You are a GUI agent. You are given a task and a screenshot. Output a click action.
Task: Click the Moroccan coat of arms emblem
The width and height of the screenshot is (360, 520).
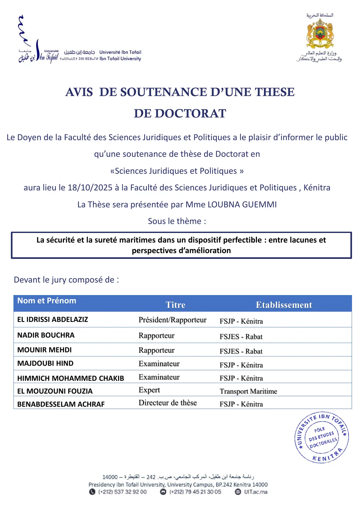(320, 34)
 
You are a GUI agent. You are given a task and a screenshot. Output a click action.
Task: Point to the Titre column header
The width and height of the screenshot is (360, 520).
(175, 305)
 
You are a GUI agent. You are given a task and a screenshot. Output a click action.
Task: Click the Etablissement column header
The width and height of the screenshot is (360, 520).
(284, 305)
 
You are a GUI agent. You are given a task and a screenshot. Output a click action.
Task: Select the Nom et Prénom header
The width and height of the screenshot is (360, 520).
(47, 301)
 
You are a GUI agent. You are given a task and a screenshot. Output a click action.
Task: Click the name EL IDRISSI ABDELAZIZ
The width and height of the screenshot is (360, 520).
(52, 319)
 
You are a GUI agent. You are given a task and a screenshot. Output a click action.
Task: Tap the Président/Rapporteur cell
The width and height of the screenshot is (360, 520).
(172, 320)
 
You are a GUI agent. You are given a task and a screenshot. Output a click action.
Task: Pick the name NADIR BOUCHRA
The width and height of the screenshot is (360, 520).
(46, 335)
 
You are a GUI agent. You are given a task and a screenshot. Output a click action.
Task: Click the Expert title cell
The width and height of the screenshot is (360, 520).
(149, 390)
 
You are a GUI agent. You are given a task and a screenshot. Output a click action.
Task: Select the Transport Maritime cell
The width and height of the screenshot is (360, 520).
(248, 391)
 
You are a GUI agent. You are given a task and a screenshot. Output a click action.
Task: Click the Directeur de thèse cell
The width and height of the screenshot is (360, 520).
(168, 403)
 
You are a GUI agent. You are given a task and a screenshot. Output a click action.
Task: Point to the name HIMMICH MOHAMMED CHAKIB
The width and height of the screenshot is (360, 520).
(70, 378)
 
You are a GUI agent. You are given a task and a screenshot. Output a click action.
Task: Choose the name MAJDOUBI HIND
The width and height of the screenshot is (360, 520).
(45, 363)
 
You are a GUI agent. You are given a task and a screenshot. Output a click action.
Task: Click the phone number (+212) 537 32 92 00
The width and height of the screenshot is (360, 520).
(122, 492)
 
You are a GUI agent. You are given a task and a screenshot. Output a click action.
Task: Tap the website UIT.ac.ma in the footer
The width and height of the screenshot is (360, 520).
(255, 492)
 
